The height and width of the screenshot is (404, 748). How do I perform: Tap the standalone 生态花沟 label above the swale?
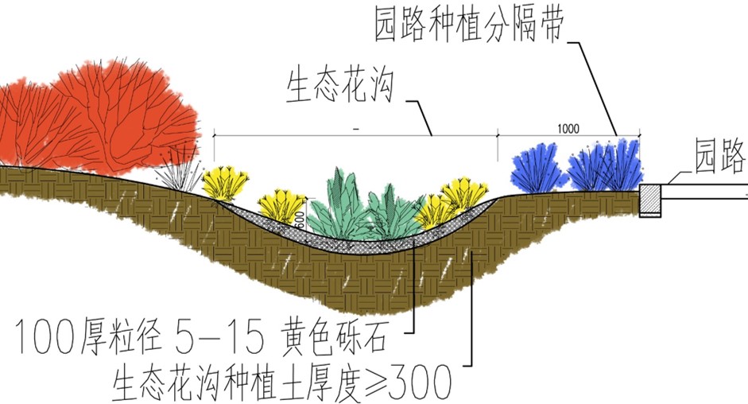(x=340, y=86)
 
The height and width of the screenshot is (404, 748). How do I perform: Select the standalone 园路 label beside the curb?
(x=719, y=156)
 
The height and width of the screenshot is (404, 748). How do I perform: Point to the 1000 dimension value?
(x=568, y=129)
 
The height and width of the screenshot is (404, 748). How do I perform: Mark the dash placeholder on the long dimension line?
(x=356, y=129)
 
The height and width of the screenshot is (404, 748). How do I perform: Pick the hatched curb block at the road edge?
(x=649, y=200)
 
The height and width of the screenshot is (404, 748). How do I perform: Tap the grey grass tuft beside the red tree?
(x=180, y=171)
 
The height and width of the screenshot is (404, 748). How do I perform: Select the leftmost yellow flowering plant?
(x=225, y=183)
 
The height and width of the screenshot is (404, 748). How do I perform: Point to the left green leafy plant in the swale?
(x=338, y=204)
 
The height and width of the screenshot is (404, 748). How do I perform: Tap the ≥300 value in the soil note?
(x=410, y=382)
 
